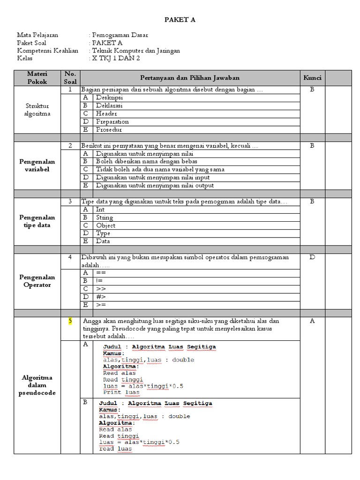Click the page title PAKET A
point(180,20)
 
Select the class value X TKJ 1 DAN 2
point(116,58)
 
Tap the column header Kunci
point(312,77)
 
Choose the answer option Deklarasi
point(109,105)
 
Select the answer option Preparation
point(112,121)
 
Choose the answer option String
point(104,217)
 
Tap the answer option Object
point(105,225)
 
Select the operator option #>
point(101,297)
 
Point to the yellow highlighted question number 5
point(70,321)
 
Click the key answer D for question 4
point(312,257)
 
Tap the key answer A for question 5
point(312,321)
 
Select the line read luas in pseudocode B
point(115,449)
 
